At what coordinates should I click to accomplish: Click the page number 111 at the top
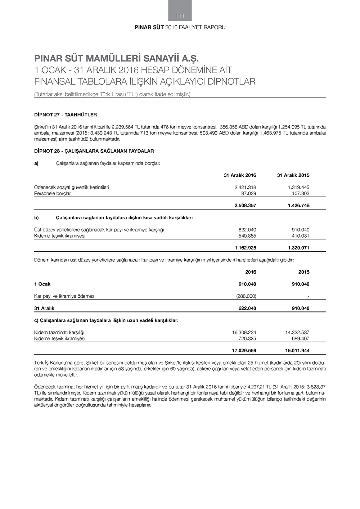pyautogui.click(x=180, y=16)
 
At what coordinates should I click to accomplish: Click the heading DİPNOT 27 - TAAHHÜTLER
pyautogui.click(x=66, y=115)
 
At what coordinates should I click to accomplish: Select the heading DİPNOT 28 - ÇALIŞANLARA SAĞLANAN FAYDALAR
pyautogui.click(x=94, y=151)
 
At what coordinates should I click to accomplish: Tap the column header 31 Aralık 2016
pyautogui.click(x=240, y=176)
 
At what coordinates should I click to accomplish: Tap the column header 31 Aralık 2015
pyautogui.click(x=293, y=176)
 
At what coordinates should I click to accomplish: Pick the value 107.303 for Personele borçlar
pyautogui.click(x=300, y=194)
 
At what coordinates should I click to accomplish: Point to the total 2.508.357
pyautogui.click(x=245, y=206)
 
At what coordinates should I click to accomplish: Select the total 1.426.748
pyautogui.click(x=298, y=206)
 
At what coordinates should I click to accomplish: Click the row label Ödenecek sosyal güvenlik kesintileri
pyautogui.click(x=71, y=188)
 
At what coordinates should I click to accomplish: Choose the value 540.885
pyautogui.click(x=247, y=236)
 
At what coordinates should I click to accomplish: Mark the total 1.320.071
pyautogui.click(x=298, y=248)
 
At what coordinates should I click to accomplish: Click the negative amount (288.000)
pyautogui.click(x=246, y=296)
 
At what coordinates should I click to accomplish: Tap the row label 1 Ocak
pyautogui.click(x=42, y=284)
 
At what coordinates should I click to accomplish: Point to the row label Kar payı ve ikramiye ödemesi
pyautogui.click(x=65, y=296)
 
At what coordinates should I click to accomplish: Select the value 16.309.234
pyautogui.click(x=244, y=333)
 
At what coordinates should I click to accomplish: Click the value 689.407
pyautogui.click(x=300, y=339)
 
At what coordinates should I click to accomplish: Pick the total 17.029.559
pyautogui.click(x=244, y=351)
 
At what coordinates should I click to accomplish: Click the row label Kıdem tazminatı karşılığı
pyautogui.click(x=59, y=333)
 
